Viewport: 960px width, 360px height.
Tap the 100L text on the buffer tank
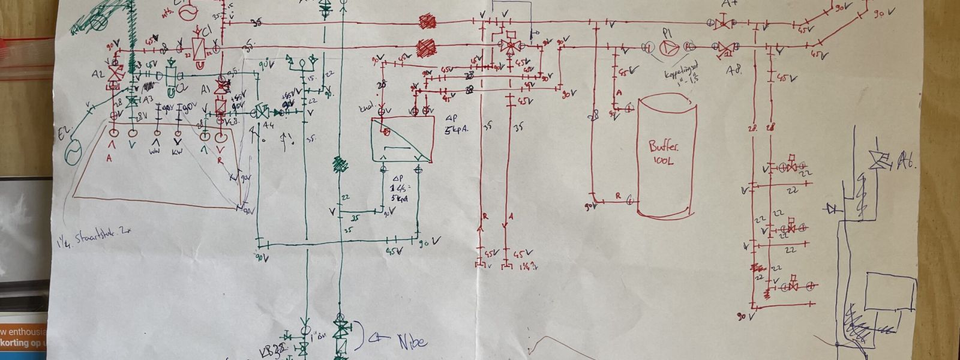[664, 161]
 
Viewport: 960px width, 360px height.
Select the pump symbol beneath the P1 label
[667, 47]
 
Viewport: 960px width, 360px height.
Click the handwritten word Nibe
[412, 342]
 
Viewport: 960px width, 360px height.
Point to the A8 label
[733, 68]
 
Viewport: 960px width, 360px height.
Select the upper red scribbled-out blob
[427, 23]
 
